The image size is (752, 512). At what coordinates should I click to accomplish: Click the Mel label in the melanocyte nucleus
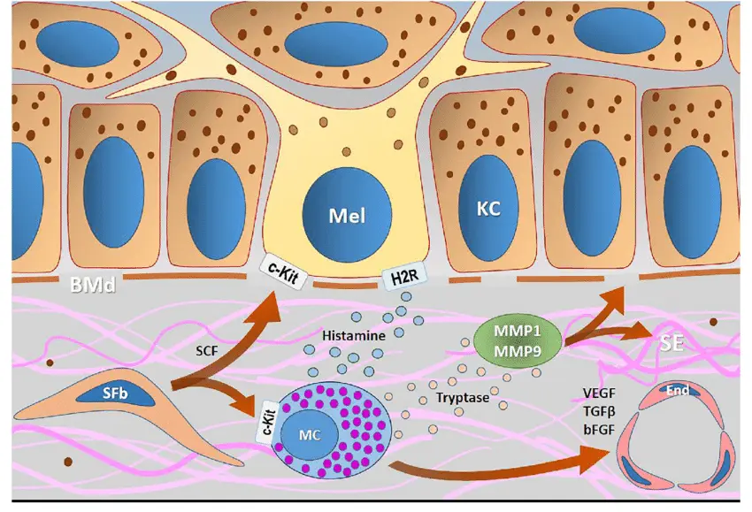[347, 215]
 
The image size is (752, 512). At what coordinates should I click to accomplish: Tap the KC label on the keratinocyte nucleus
[488, 209]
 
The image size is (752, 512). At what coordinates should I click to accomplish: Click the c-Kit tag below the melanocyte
[281, 266]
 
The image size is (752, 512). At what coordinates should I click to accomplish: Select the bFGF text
[597, 429]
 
